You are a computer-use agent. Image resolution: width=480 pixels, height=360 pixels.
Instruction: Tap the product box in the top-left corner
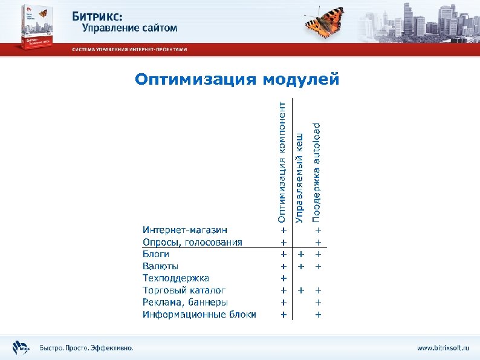tap(37, 26)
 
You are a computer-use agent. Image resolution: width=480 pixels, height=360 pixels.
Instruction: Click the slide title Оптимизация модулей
tap(237, 79)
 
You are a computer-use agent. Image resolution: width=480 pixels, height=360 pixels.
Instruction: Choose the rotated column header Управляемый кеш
tap(299, 178)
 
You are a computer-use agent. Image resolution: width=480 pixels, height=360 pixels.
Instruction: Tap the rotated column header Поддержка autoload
tap(317, 171)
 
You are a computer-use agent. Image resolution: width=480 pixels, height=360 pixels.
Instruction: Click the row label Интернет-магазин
tap(185, 230)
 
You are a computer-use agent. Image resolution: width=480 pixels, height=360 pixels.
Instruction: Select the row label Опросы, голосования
tap(192, 242)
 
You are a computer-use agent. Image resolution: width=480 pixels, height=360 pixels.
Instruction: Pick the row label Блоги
tap(156, 254)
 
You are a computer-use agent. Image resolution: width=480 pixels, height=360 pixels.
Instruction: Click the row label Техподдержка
tap(176, 278)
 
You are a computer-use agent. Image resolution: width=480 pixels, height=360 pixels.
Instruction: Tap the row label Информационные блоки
tap(199, 315)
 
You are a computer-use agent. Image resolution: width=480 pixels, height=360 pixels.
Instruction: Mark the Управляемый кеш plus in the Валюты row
tap(301, 266)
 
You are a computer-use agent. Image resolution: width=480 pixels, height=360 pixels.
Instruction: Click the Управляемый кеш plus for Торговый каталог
tap(301, 290)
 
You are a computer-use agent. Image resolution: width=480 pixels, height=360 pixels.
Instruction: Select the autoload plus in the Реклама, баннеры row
tap(318, 303)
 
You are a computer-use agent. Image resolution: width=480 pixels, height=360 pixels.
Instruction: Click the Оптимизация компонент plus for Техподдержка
tap(283, 278)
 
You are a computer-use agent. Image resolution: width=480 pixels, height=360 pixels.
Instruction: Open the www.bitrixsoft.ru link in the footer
tap(443, 348)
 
